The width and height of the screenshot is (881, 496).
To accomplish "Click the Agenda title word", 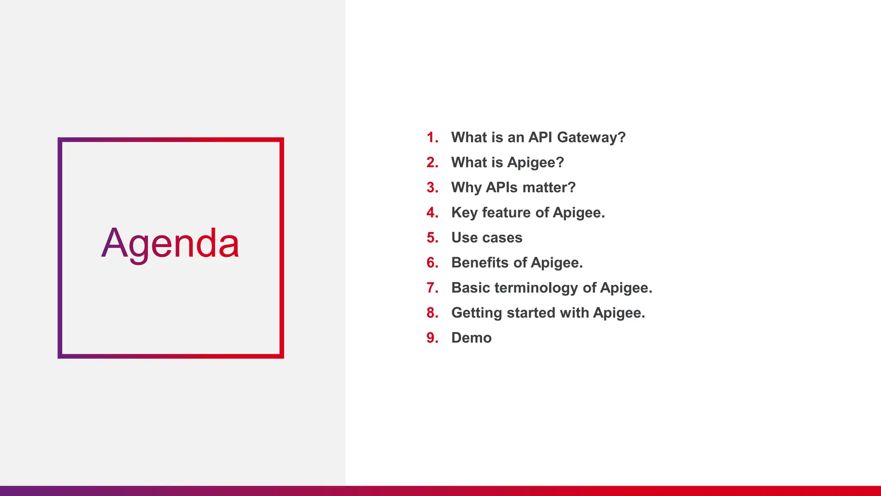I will pyautogui.click(x=170, y=244).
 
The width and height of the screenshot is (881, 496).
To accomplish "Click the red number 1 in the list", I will pyautogui.click(x=431, y=137).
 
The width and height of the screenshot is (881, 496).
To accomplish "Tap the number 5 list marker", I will pyautogui.click(x=431, y=238).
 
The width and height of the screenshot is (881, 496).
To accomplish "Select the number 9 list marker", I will pyautogui.click(x=431, y=338).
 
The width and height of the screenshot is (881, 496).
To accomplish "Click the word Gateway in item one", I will pyautogui.click(x=591, y=138).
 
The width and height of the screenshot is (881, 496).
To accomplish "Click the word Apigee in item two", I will pyautogui.click(x=535, y=163).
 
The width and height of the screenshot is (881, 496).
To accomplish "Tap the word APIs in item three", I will pyautogui.click(x=502, y=188).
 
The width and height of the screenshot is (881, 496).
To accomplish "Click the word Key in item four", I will pyautogui.click(x=464, y=213).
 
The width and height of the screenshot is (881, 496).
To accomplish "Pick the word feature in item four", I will pyautogui.click(x=506, y=213).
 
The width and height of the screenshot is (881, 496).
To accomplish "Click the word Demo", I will pyautogui.click(x=471, y=338).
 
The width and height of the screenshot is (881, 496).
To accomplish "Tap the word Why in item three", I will pyautogui.click(x=466, y=188).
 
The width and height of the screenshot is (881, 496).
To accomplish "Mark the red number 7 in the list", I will pyautogui.click(x=431, y=288).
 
